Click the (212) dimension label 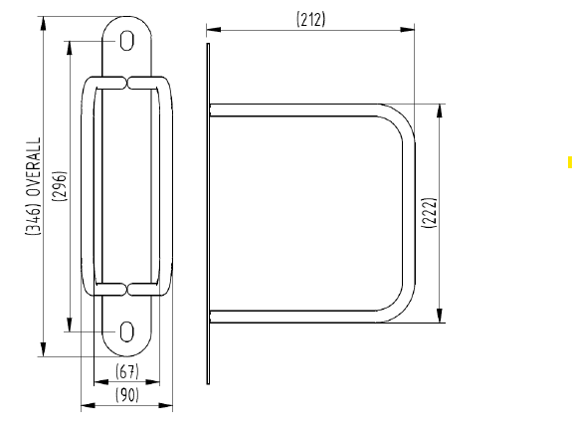click(x=310, y=19)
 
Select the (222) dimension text click(x=428, y=213)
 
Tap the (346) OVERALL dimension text click(x=33, y=188)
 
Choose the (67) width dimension click(x=126, y=372)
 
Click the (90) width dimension click(x=126, y=394)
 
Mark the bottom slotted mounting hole click(x=127, y=330)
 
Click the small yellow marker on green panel click(x=569, y=161)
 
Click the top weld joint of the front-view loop click(x=127, y=80)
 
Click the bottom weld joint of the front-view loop click(x=127, y=290)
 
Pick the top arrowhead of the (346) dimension click(x=44, y=22)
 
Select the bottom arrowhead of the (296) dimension click(x=70, y=325)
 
